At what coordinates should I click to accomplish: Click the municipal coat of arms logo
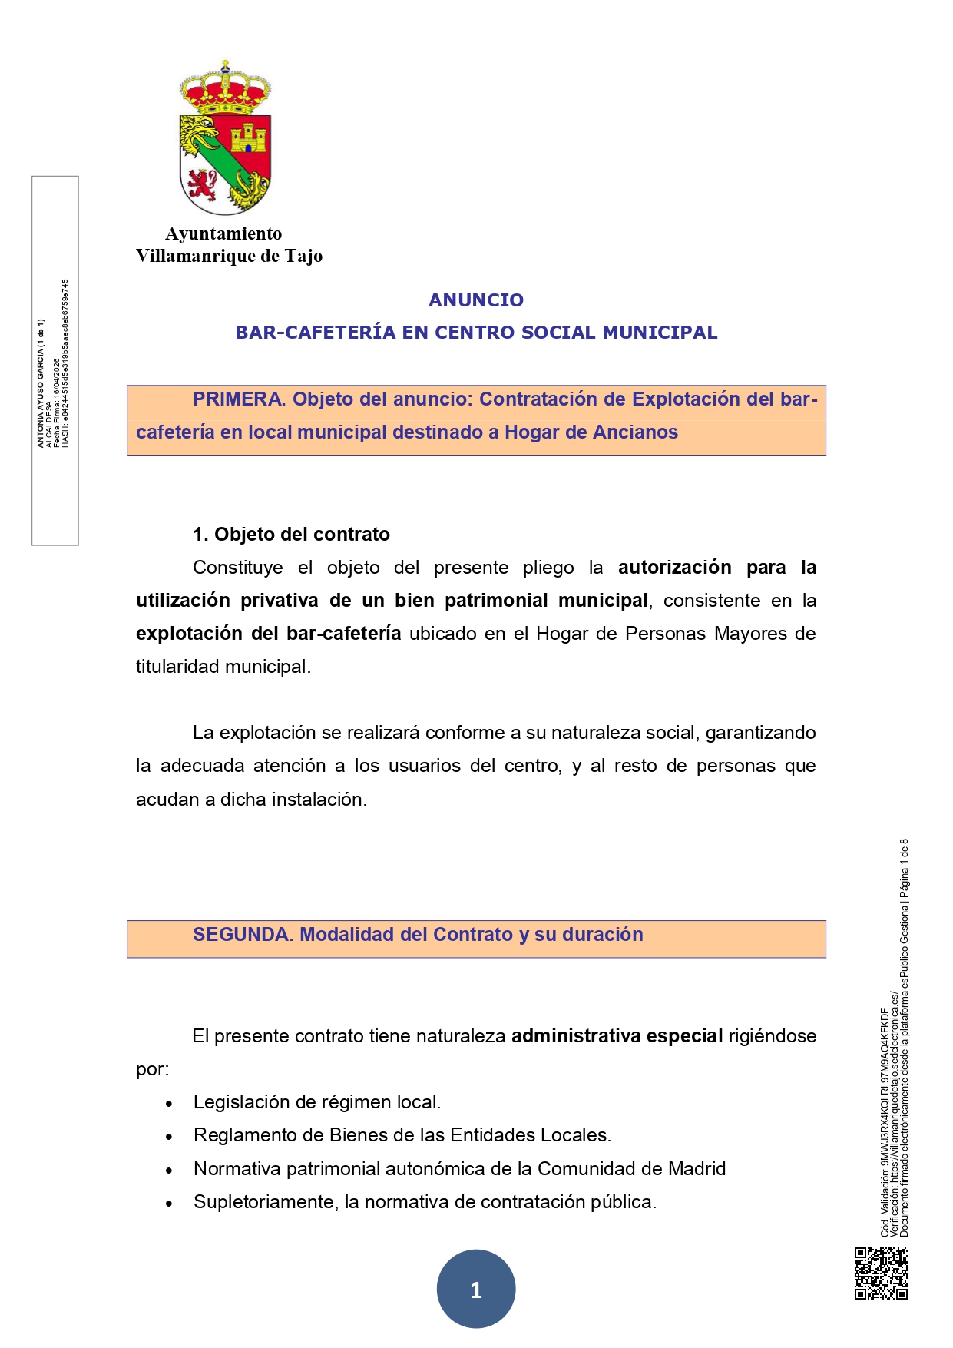pos(225,138)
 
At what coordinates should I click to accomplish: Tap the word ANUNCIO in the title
pos(476,300)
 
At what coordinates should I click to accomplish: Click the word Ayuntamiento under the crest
pos(223,233)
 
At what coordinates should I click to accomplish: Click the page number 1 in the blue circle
pos(476,1290)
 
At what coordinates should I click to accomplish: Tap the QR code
pos(881,1273)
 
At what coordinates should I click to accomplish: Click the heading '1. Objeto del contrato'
pos(291,535)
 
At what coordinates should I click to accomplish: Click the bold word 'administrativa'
pos(576,1036)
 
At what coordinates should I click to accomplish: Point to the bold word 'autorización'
pos(674,568)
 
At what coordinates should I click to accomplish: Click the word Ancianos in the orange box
pos(635,432)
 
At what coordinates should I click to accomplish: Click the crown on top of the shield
pos(225,86)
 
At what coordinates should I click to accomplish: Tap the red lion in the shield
pos(202,184)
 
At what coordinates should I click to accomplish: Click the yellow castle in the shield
pos(249,138)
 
